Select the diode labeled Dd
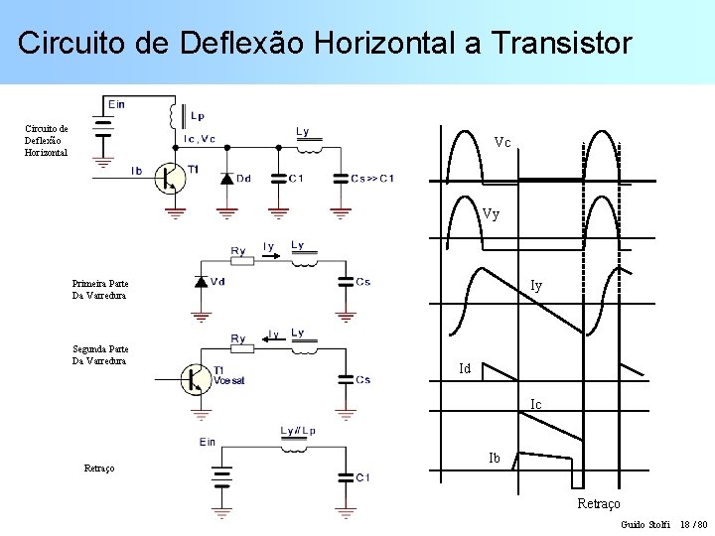click(226, 178)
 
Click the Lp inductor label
click(197, 115)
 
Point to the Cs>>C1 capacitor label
click(372, 179)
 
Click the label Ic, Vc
click(200, 139)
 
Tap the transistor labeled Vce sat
click(196, 378)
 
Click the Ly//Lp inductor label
click(298, 431)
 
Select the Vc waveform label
click(502, 143)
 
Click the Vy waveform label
click(491, 213)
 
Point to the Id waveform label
click(464, 369)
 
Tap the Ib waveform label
click(494, 459)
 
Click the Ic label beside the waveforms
click(536, 404)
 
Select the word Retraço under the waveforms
click(599, 504)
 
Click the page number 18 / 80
click(694, 523)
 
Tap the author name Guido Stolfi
click(645, 523)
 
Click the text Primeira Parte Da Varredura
click(100, 289)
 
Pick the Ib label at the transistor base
click(137, 171)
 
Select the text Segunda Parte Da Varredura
click(100, 354)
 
